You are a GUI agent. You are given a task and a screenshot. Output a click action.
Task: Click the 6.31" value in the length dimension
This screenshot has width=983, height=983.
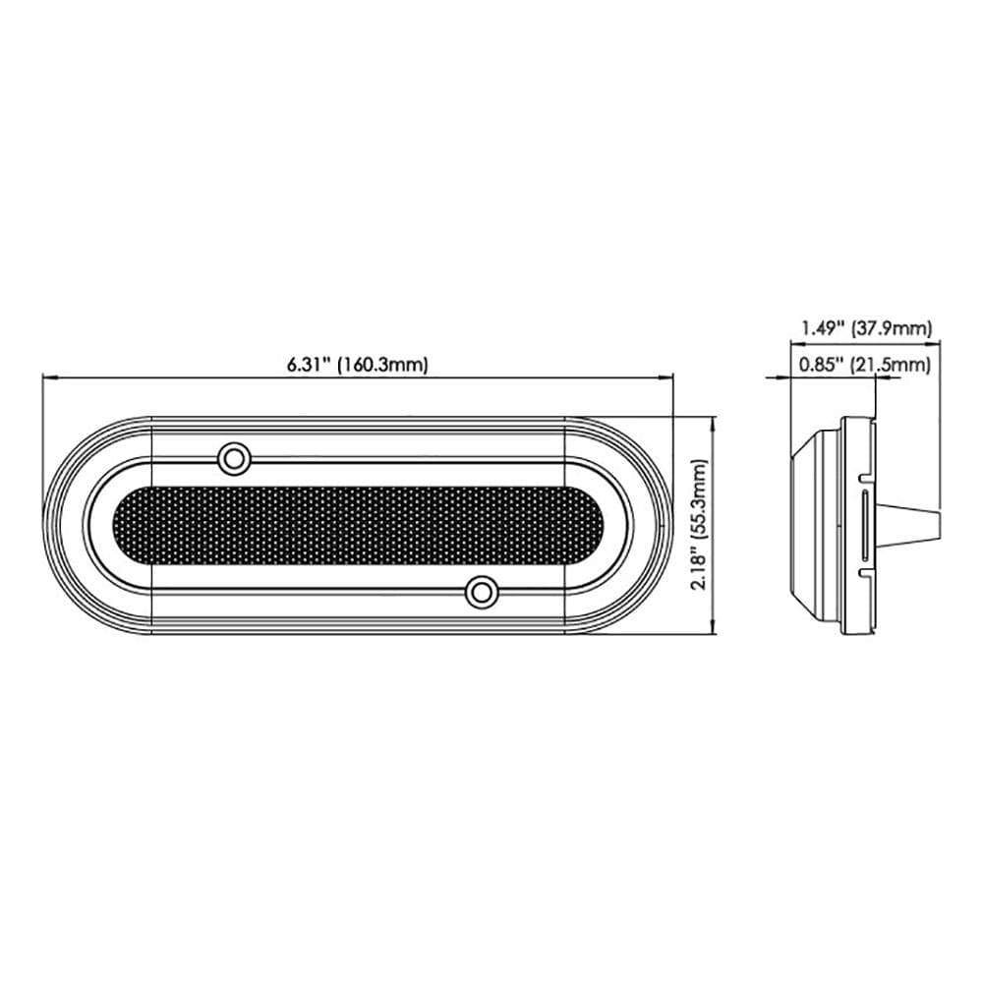tap(309, 365)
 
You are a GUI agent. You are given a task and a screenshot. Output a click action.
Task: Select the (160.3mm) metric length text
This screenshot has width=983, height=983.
tap(382, 365)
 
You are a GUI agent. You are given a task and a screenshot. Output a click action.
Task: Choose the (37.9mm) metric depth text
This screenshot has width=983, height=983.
tap(891, 329)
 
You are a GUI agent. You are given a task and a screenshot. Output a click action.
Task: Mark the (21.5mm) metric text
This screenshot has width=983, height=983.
tap(891, 366)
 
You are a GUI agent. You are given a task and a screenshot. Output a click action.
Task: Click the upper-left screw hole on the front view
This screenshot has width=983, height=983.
tap(234, 457)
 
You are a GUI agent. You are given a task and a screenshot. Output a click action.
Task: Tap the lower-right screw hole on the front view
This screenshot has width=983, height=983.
tap(481, 592)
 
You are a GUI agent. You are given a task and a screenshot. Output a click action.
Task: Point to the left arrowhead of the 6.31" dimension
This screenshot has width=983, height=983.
tap(48, 376)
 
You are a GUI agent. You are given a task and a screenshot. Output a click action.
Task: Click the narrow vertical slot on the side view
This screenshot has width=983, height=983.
tap(864, 525)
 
